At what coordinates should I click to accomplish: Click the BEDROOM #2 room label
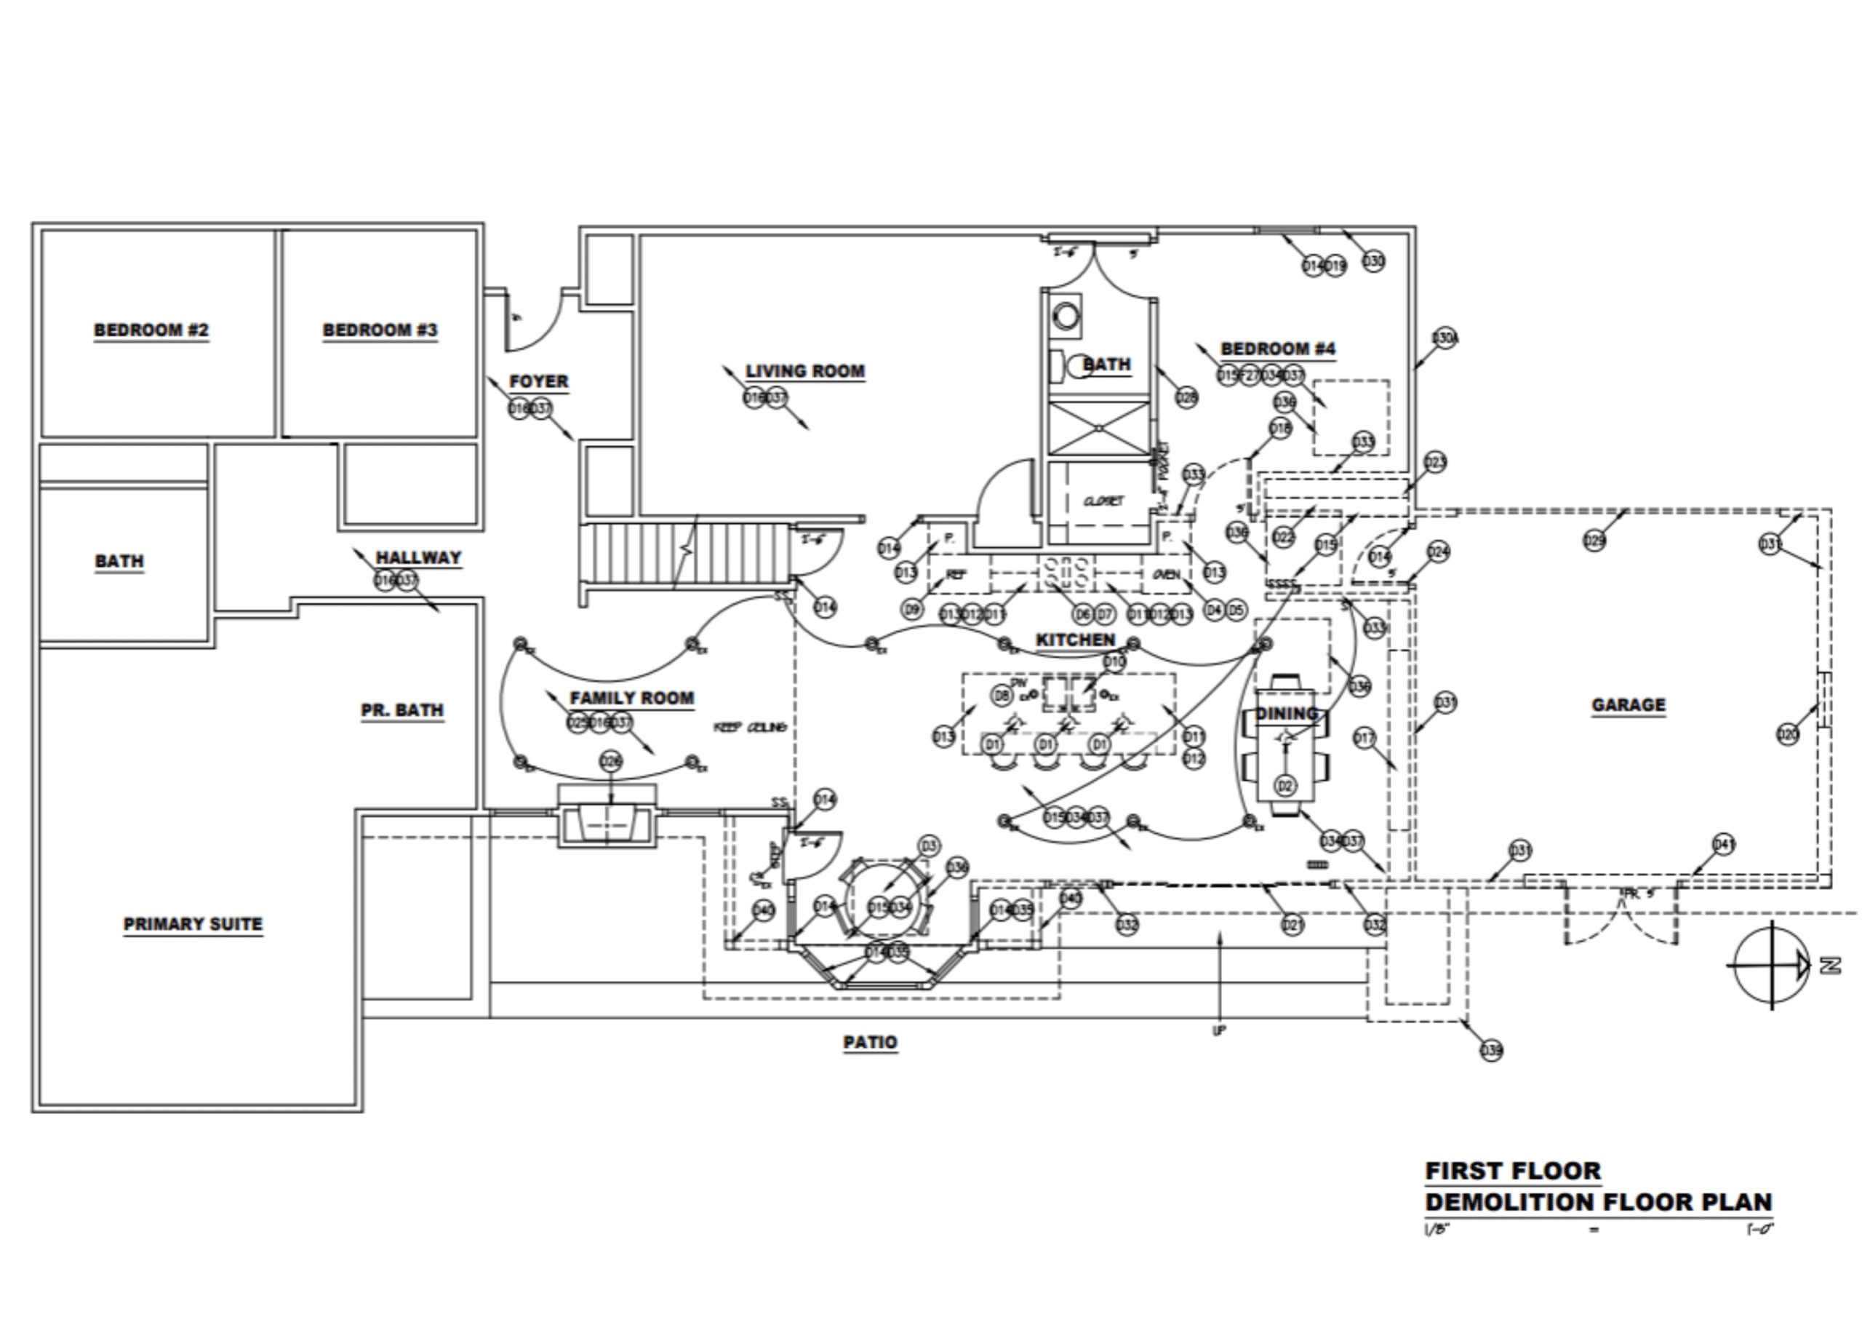[x=151, y=330]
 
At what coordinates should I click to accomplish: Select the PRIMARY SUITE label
[x=193, y=924]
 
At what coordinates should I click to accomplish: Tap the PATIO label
[x=870, y=1042]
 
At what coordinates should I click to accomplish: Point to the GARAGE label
[x=1628, y=704]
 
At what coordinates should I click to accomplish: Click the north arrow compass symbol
[x=1773, y=966]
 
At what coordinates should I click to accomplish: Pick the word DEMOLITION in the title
[x=1510, y=1202]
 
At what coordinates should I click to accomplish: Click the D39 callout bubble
[x=1491, y=1050]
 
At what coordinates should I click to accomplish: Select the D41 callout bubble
[x=1724, y=844]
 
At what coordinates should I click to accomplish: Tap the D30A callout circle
[x=1445, y=338]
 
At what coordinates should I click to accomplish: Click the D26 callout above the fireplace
[x=611, y=761]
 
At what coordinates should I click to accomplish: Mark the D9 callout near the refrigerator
[x=912, y=609]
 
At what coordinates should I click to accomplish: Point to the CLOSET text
[x=1103, y=501]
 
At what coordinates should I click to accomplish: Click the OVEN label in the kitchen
[x=1167, y=574]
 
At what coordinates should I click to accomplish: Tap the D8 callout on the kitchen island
[x=1002, y=696]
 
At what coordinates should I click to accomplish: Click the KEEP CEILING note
[x=751, y=727]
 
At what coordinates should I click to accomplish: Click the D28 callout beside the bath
[x=1187, y=397]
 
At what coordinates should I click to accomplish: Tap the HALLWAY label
[x=418, y=557]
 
